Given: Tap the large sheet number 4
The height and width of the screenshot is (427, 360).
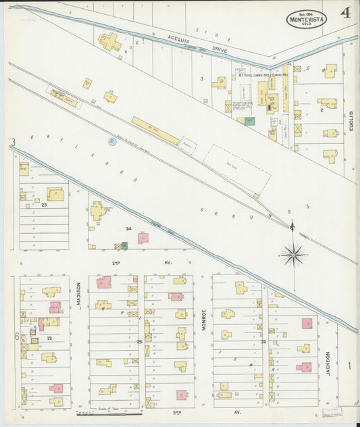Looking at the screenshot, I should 345,12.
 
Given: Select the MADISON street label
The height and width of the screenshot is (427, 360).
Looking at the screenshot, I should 78,295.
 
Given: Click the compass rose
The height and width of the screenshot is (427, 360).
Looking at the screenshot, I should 293,254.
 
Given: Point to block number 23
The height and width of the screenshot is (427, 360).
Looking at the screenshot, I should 44,203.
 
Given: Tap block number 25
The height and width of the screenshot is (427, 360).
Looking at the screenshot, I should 140,342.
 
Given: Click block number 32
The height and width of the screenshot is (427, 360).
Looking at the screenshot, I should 264,342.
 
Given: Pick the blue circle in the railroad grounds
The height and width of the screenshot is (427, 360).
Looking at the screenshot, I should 111,141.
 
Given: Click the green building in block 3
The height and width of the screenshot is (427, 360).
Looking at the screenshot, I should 250,121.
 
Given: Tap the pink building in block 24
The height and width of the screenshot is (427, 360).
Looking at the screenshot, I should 143,238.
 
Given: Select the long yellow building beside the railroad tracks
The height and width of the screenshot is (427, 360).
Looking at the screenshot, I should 155,130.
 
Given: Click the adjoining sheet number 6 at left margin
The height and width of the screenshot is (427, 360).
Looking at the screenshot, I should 16,336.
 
